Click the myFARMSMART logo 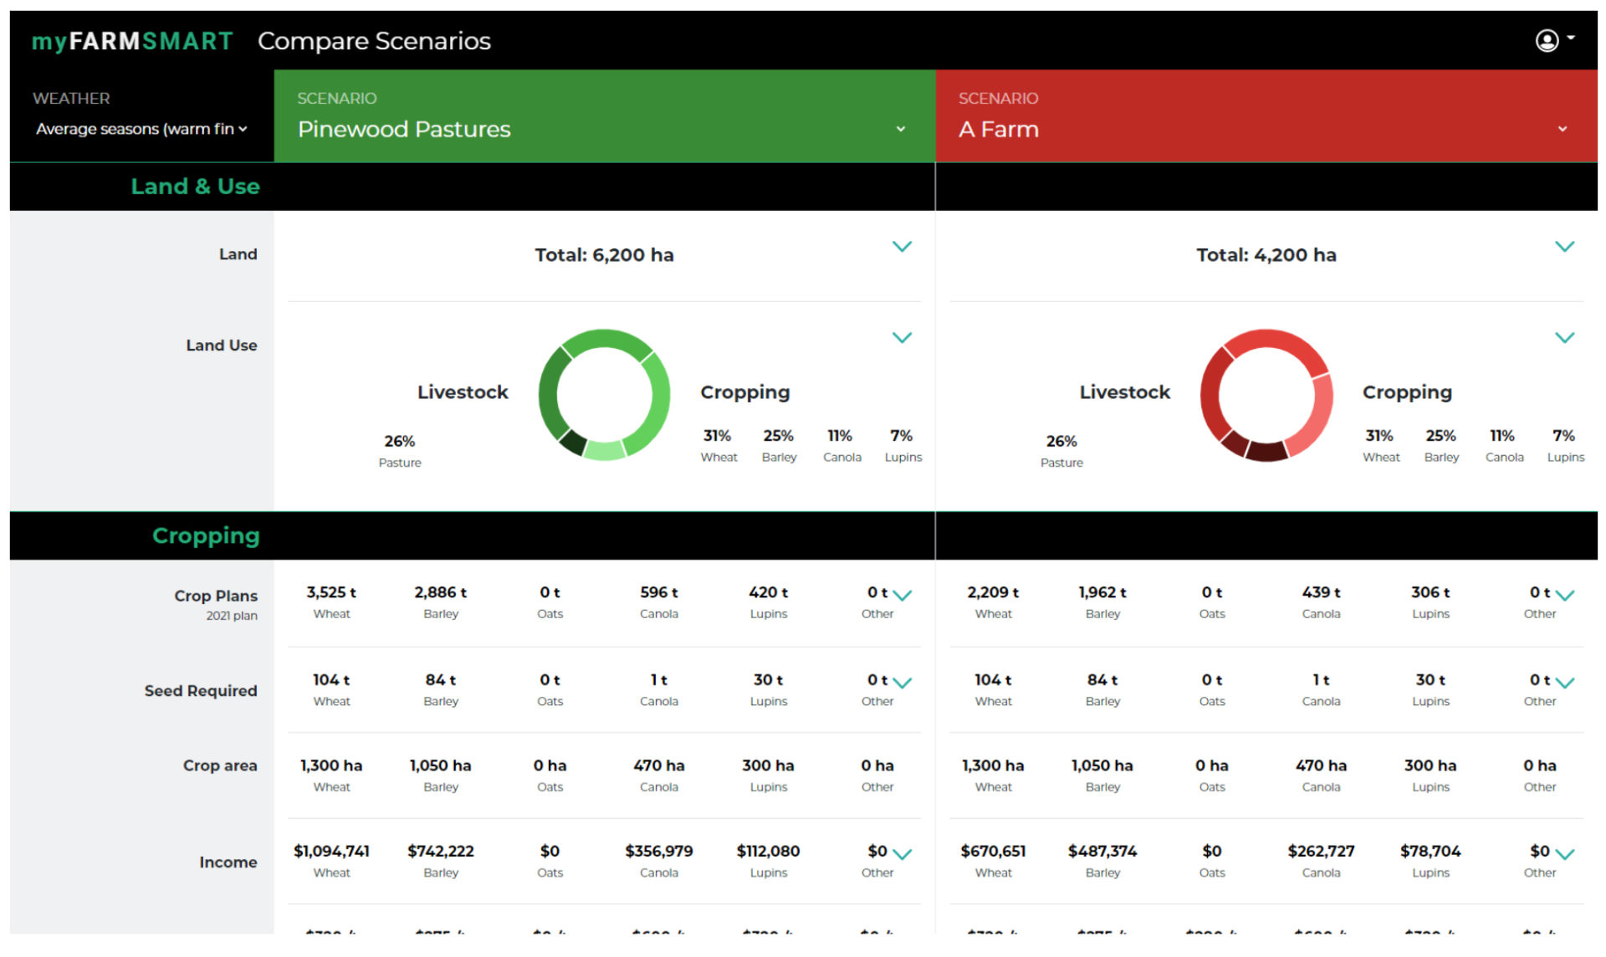click(x=132, y=41)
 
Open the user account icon click(x=1547, y=40)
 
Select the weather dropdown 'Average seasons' click(x=141, y=129)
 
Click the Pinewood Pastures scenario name click(x=404, y=130)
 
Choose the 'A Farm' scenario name click(x=999, y=130)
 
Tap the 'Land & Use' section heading click(x=195, y=187)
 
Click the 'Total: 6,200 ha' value click(x=604, y=255)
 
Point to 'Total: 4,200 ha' click(x=1266, y=255)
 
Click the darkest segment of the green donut click(x=572, y=442)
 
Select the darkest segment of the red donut click(x=1266, y=451)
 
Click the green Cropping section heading click(x=206, y=535)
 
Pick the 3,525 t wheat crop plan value click(x=331, y=592)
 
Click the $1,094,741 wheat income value click(x=331, y=851)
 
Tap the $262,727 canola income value click(x=1321, y=851)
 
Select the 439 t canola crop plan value click(x=1321, y=592)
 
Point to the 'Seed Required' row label click(x=201, y=691)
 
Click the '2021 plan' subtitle click(x=232, y=616)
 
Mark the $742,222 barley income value click(x=441, y=851)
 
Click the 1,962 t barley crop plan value click(x=1102, y=592)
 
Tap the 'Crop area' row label click(x=220, y=765)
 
